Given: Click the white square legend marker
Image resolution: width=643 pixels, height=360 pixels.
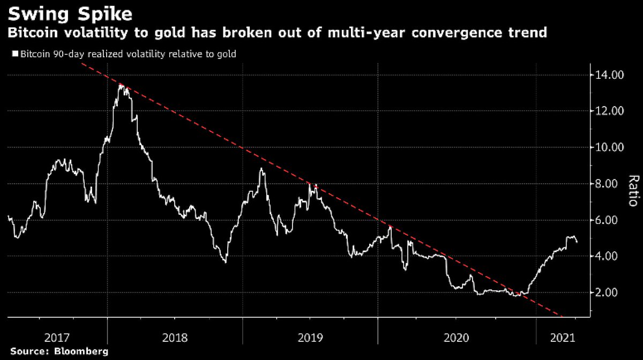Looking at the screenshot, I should click(14, 54).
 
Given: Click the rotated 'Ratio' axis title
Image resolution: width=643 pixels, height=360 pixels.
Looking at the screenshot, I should click(633, 191).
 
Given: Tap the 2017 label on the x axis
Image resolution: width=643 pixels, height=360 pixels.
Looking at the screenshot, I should click(57, 338).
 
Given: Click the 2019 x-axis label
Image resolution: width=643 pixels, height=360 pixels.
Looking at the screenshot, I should click(310, 338).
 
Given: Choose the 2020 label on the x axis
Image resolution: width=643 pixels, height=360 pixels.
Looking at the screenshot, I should click(457, 338).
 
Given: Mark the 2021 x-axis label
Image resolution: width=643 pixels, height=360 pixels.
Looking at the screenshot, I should click(563, 338).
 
